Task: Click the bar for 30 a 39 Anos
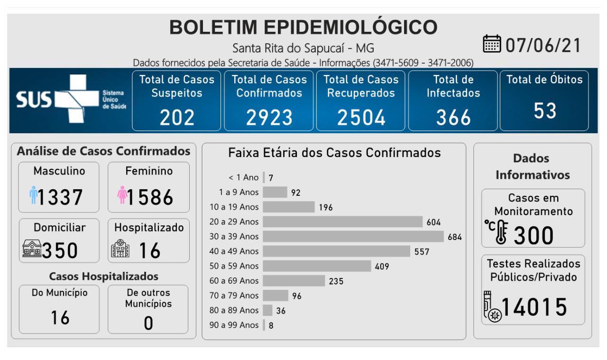353,236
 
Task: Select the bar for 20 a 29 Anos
342,222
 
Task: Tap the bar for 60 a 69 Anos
294,281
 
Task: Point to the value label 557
422,251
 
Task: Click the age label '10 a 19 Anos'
234,207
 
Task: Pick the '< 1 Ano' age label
243,177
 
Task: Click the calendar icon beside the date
492,45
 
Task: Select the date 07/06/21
543,45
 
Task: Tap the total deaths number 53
544,111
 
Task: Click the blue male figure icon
33,195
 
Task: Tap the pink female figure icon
122,195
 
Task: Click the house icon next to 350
32,249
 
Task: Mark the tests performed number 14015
534,307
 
